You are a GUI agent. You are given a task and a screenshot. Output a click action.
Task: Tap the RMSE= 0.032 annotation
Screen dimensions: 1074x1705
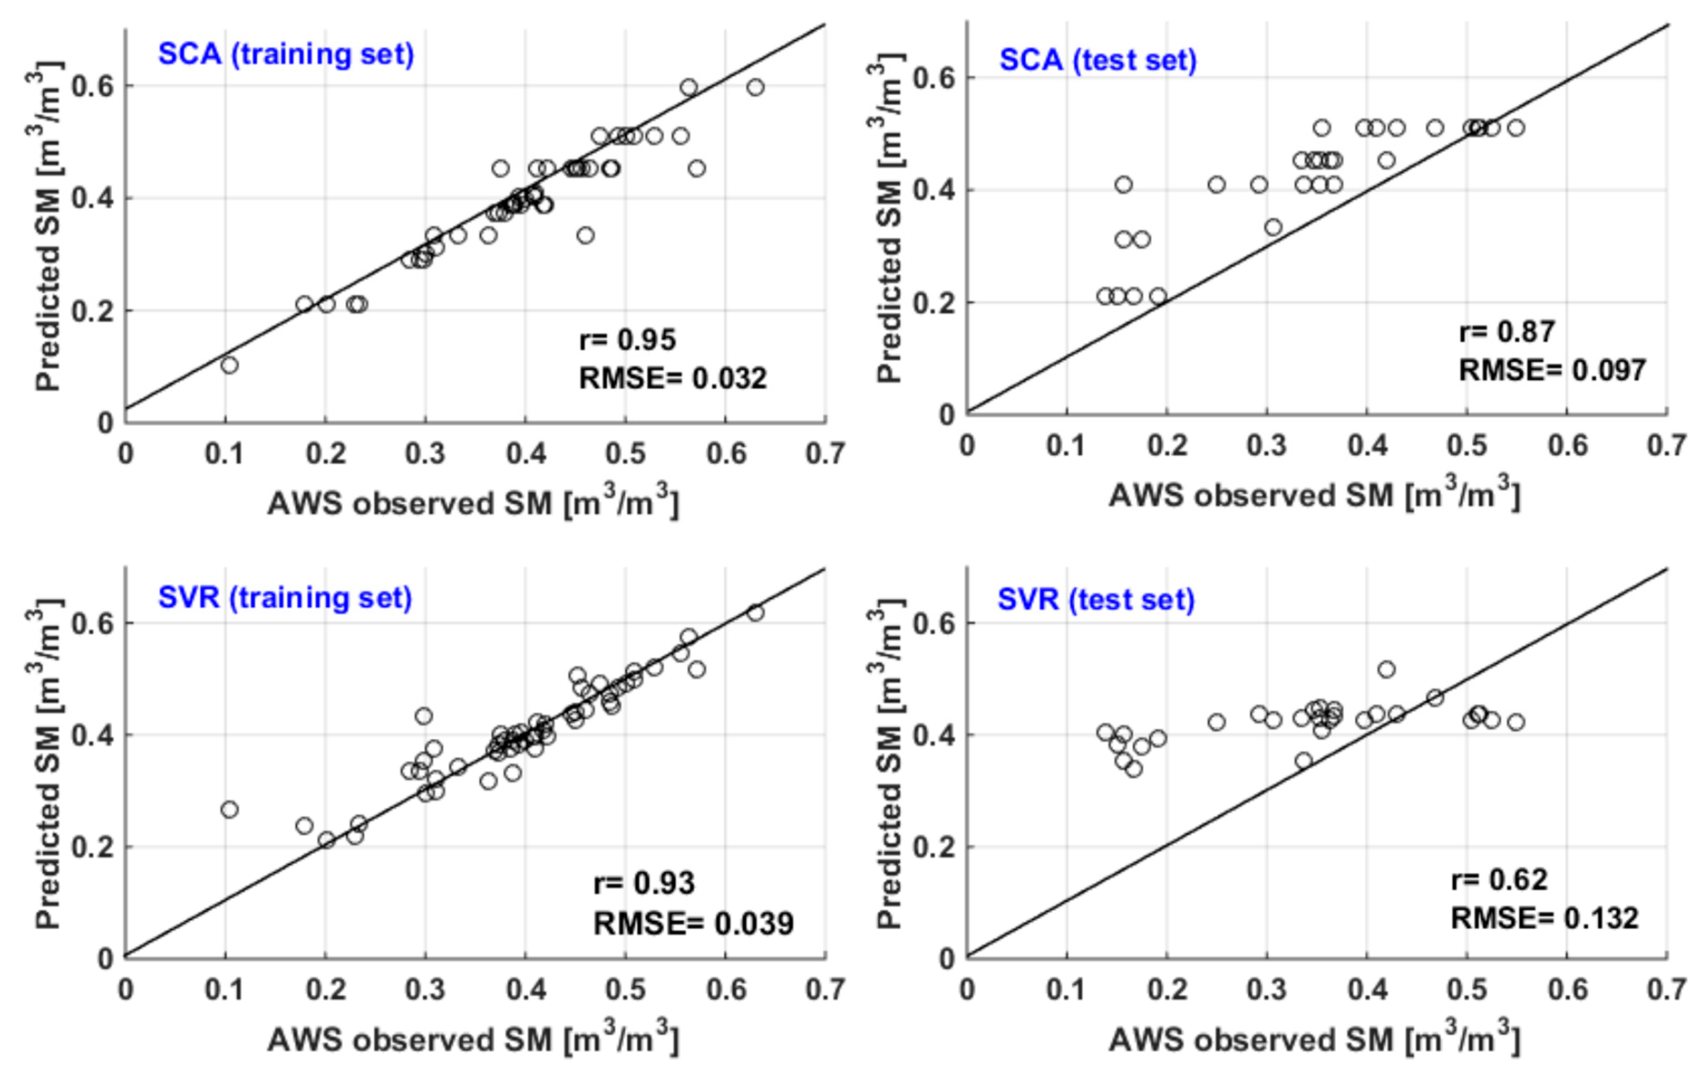pyautogui.click(x=673, y=378)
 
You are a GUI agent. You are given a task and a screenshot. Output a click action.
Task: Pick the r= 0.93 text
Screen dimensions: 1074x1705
pyautogui.click(x=644, y=883)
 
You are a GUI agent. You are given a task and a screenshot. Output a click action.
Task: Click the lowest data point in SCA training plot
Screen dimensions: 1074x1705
pyautogui.click(x=229, y=365)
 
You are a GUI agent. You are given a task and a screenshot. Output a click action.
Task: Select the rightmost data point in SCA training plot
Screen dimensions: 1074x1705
pyautogui.click(x=756, y=87)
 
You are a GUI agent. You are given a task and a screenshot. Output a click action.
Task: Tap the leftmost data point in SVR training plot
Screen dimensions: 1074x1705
pyautogui.click(x=229, y=809)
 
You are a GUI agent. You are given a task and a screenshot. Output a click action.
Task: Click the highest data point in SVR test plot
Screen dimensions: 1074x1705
pyautogui.click(x=1386, y=669)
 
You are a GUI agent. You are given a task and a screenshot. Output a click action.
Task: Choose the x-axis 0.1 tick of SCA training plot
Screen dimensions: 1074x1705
pyautogui.click(x=224, y=454)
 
